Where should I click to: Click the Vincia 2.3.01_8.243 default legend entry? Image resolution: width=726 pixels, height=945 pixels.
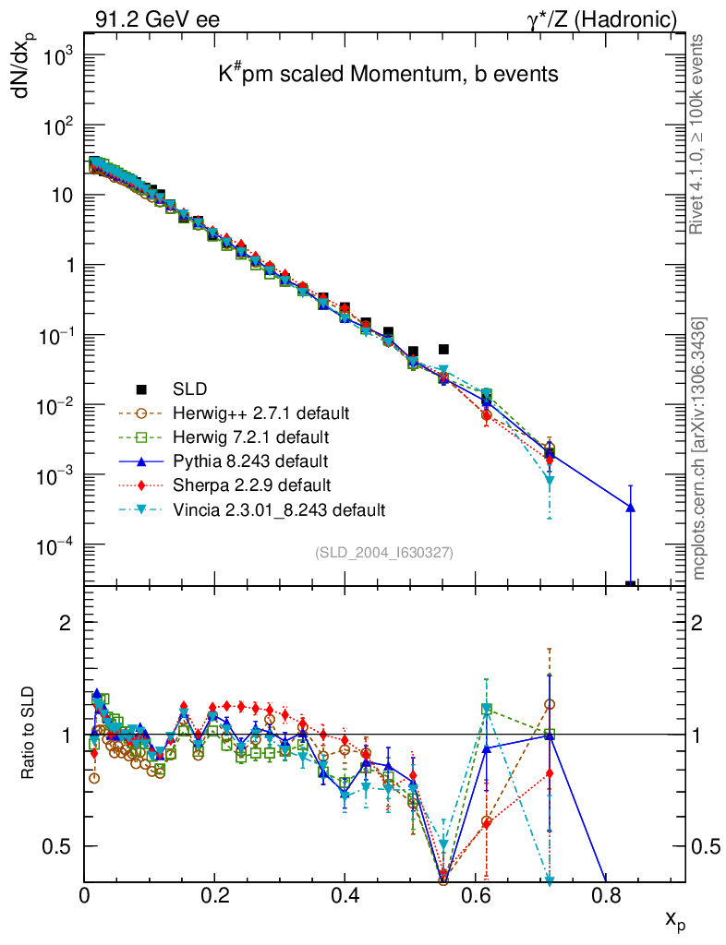click(x=278, y=508)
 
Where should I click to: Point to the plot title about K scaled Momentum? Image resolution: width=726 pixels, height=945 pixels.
click(x=388, y=75)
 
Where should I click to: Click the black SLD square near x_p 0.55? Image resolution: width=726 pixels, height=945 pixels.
click(x=443, y=349)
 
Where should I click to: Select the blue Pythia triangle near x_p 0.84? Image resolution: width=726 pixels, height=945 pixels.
click(x=630, y=507)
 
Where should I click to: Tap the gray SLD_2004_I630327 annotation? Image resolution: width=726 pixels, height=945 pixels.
click(x=383, y=552)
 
